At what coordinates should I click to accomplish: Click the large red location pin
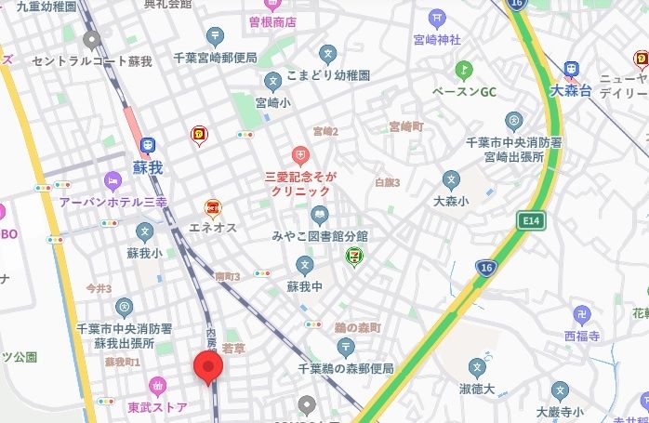207,366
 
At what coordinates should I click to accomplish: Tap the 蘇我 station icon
147,145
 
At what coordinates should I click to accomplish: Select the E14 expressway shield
531,221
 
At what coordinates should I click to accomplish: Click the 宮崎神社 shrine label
437,40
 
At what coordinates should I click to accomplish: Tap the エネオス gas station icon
213,207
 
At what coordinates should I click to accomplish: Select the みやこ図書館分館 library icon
320,216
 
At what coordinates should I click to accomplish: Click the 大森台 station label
570,90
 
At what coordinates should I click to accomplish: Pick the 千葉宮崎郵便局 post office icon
216,37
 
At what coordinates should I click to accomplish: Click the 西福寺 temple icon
582,314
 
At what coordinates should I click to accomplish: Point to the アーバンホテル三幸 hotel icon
113,180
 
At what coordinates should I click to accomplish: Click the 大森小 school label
451,199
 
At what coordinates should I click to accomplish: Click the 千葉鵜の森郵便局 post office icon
347,348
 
